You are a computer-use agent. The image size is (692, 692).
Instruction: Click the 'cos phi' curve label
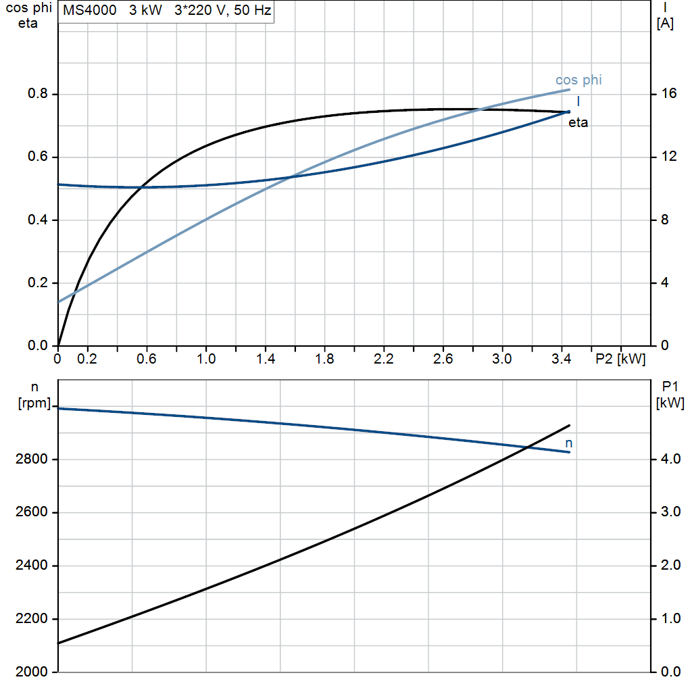click(578, 80)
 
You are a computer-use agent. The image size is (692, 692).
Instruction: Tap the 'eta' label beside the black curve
click(578, 123)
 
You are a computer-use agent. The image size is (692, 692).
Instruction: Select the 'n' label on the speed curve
click(569, 443)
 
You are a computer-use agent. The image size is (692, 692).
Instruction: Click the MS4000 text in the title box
click(90, 10)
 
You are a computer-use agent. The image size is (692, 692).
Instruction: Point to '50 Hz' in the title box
click(253, 10)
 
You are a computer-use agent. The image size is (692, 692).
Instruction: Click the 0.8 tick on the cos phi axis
click(38, 93)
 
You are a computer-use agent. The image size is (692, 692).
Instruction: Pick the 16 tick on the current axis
click(669, 93)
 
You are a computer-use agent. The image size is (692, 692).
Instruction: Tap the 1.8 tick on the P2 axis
click(324, 359)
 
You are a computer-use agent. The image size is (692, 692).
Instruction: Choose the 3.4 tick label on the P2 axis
click(562, 359)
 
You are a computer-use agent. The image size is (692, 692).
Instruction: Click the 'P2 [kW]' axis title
click(620, 360)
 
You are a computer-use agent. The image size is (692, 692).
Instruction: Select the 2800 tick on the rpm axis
click(31, 459)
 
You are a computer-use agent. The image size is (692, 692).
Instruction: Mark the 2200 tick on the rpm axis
click(31, 618)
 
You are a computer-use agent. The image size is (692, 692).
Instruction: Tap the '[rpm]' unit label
click(34, 403)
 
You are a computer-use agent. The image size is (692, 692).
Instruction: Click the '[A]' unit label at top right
click(665, 24)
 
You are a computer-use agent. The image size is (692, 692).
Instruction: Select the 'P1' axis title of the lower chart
click(670, 387)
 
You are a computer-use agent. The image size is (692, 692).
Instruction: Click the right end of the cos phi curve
click(569, 90)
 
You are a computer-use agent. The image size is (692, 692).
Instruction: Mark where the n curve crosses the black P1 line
click(527, 447)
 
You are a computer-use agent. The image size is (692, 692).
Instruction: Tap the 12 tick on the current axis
click(669, 156)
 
